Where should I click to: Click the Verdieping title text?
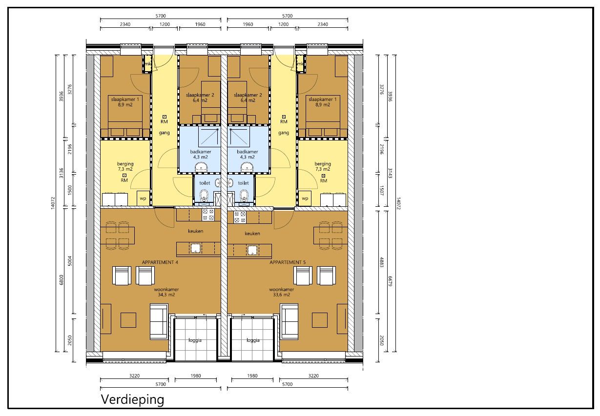click(132, 400)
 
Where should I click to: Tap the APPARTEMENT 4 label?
click(160, 262)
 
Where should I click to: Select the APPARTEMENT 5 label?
click(288, 262)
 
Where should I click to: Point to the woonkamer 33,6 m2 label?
click(280, 292)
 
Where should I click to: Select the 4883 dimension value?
click(382, 260)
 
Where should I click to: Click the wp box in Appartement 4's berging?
click(143, 199)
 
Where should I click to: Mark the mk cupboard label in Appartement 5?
click(301, 64)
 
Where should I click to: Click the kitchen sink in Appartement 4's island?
click(196, 249)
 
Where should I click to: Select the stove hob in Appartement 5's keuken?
click(240, 217)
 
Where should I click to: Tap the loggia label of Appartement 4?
click(195, 340)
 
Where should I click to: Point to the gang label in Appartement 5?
click(284, 133)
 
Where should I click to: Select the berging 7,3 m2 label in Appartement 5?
click(323, 166)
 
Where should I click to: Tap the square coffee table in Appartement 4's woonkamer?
click(128, 320)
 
